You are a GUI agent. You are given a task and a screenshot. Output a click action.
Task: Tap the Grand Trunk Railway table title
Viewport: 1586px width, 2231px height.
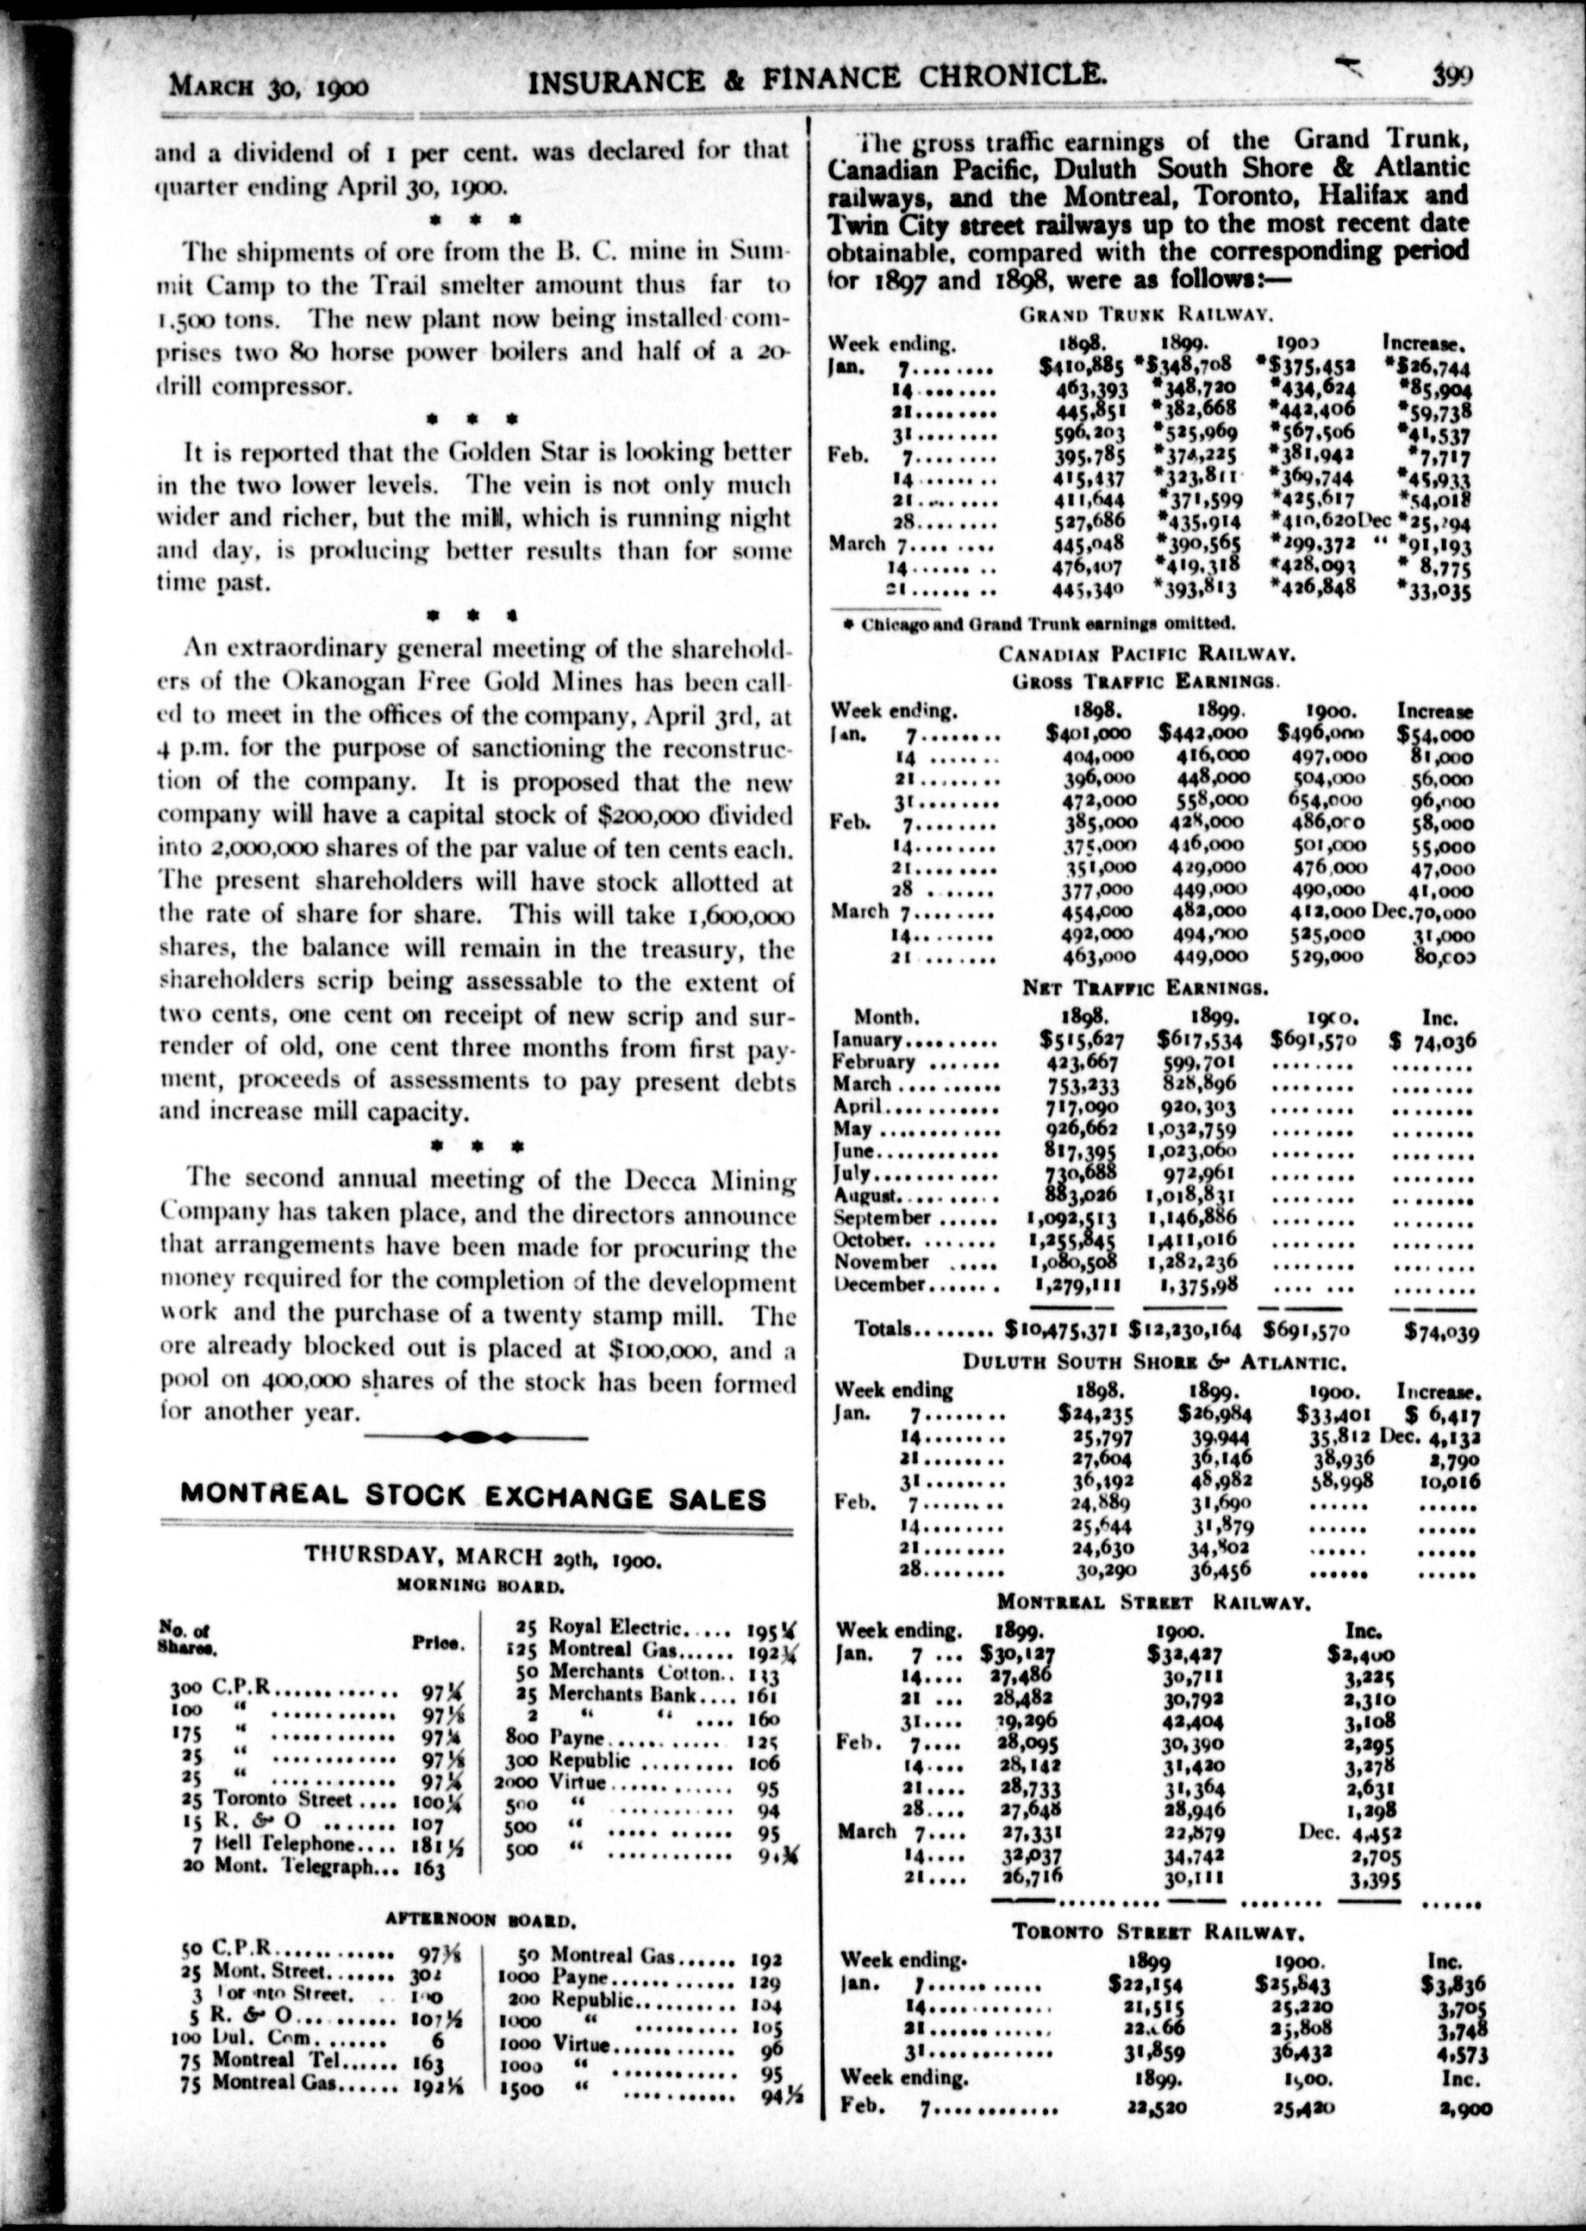[1144, 314]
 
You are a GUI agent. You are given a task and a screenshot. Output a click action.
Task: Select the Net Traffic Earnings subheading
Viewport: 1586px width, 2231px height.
[1144, 987]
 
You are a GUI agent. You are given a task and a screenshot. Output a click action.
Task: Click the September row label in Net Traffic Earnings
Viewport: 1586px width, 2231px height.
[882, 1217]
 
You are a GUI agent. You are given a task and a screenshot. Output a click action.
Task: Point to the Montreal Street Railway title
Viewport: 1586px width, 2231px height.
[1152, 1602]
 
